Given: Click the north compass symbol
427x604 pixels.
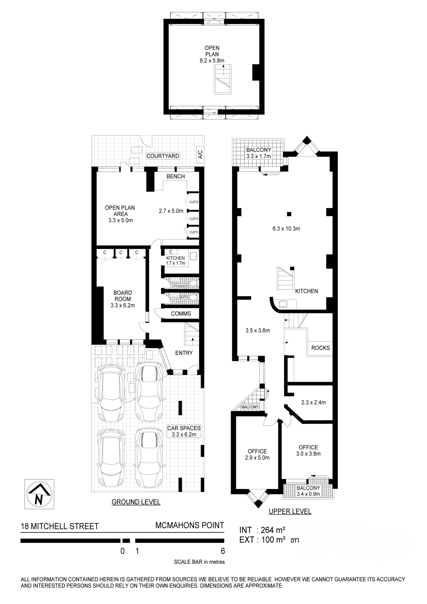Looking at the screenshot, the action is tap(39, 494).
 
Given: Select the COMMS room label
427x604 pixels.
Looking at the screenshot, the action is tap(181, 314).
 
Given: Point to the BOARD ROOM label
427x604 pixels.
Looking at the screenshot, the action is tap(123, 296).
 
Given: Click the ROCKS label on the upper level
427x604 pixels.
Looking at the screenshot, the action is tap(321, 348).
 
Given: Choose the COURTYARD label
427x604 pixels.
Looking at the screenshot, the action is tap(163, 156).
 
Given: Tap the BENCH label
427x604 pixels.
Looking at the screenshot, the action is tap(176, 176).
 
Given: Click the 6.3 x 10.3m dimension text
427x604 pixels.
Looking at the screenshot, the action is tap(286, 228).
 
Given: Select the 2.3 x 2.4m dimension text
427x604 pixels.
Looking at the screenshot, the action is tap(314, 402).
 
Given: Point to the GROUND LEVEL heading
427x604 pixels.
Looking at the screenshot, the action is tap(136, 502).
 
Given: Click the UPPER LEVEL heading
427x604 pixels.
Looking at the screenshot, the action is tap(290, 511).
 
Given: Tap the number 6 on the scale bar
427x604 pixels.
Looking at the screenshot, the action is tap(223, 551).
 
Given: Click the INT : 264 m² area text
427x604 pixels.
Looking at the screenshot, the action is tap(262, 530).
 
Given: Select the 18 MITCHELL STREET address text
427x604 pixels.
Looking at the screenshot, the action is tap(59, 526).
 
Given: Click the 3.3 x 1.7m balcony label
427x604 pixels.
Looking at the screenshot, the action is tap(259, 156).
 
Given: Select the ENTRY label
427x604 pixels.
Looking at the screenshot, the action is tap(184, 353).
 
